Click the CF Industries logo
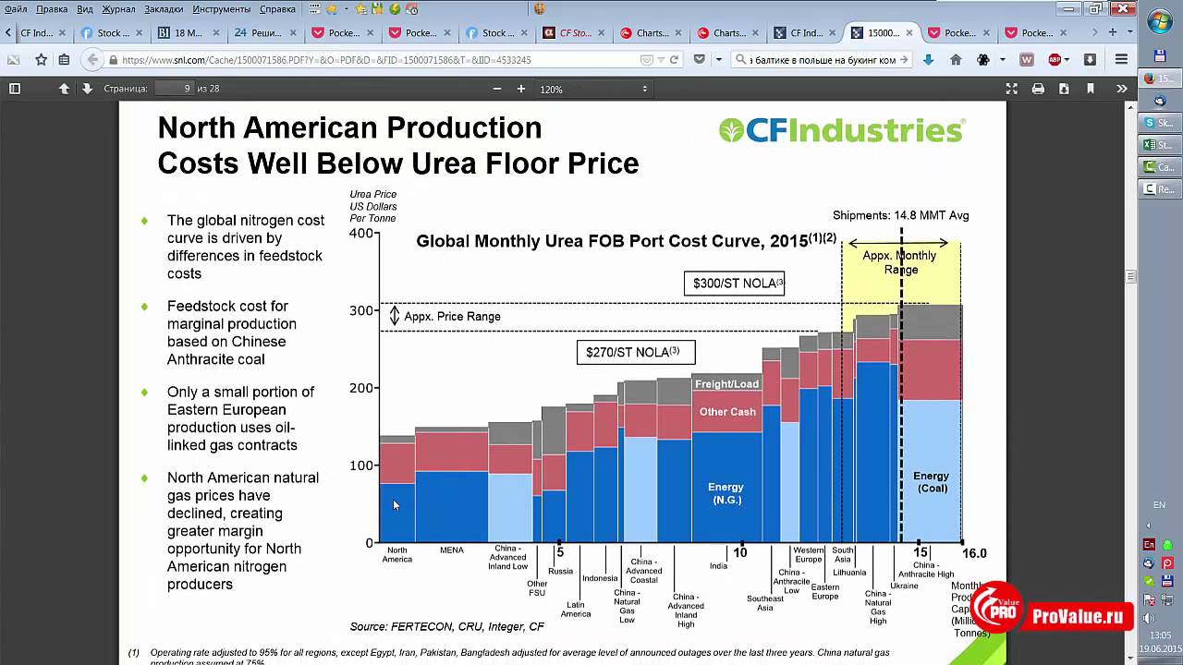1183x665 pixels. (842, 130)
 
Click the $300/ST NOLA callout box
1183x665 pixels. (734, 284)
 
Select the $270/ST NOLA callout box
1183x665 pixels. (636, 352)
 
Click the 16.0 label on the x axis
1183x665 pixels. (973, 553)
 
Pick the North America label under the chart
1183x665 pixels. (397, 554)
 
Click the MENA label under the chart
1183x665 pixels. (452, 550)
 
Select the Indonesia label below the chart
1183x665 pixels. (600, 579)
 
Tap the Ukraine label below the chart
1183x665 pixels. (904, 586)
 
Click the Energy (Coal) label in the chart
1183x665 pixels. (932, 482)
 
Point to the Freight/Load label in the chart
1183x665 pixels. (726, 384)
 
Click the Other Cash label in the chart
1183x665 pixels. (727, 412)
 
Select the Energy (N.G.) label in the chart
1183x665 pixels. (726, 493)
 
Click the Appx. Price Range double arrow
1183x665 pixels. (395, 316)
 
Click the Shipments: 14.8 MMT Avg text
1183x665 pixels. (900, 215)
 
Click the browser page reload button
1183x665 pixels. (675, 59)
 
